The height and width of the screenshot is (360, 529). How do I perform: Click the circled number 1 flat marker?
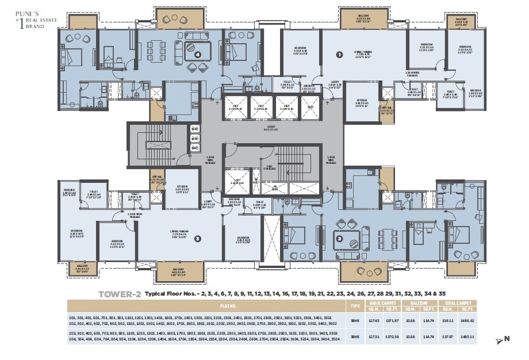pos(339,55)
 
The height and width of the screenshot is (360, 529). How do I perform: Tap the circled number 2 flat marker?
pos(339,238)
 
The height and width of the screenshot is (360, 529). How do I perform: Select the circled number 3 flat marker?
pos(197,238)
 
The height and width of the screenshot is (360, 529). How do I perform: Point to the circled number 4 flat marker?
pos(197,55)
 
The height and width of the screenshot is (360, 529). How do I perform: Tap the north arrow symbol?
pos(500,340)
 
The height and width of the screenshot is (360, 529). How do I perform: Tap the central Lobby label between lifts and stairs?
pos(270,128)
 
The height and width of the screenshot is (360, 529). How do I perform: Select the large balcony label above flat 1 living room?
pos(362,18)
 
